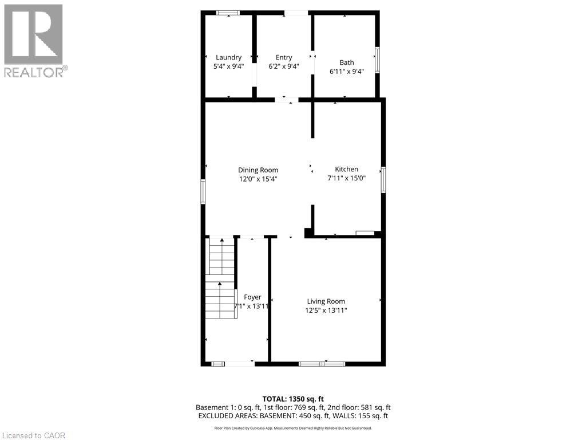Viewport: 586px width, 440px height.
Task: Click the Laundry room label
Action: (228, 57)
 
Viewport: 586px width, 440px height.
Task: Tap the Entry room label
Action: (284, 57)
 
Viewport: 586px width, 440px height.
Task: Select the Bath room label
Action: (347, 62)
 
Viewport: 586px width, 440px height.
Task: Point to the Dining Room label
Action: (258, 170)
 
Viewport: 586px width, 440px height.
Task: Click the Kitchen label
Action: (346, 169)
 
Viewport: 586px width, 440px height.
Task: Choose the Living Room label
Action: (326, 301)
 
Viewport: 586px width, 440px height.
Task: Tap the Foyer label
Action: (252, 297)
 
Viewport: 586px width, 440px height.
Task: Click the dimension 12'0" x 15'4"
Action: (258, 179)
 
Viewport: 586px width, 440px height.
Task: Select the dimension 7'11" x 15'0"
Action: (346, 178)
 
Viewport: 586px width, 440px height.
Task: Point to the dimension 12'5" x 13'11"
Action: (326, 311)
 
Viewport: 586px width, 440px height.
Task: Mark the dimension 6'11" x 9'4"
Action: (347, 72)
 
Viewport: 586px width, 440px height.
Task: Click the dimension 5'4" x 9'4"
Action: (228, 66)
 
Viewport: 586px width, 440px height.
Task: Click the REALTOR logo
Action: (34, 41)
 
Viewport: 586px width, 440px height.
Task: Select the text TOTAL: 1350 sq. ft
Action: (293, 399)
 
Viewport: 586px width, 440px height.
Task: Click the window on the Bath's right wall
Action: (377, 60)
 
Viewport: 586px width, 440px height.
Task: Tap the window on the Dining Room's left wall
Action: (203, 191)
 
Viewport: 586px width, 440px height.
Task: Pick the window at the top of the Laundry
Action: (228, 13)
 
